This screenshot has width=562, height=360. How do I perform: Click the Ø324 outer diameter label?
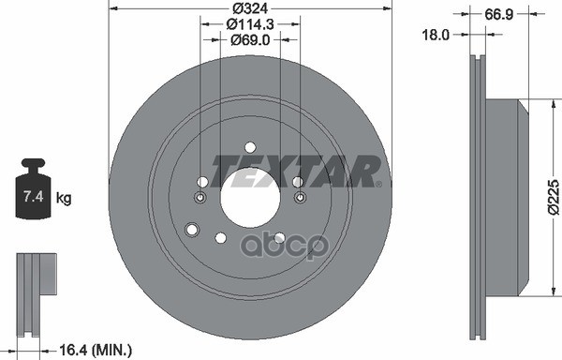pyautogui.click(x=250, y=8)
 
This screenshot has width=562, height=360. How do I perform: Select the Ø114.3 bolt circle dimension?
pyautogui.click(x=250, y=24)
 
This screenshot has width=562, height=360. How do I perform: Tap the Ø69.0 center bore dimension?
pyautogui.click(x=250, y=39)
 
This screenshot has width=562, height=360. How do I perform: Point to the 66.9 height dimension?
pyautogui.click(x=499, y=14)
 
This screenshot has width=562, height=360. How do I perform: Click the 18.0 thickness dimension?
pyautogui.click(x=436, y=35)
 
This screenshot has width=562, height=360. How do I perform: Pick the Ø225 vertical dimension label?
pyautogui.click(x=554, y=198)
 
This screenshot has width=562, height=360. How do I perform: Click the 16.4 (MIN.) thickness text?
pyautogui.click(x=95, y=350)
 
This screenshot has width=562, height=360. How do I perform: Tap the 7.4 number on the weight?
pyautogui.click(x=33, y=197)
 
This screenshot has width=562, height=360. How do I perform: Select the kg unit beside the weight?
pyautogui.click(x=64, y=198)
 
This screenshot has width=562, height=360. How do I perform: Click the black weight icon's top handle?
pyautogui.click(x=34, y=163)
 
